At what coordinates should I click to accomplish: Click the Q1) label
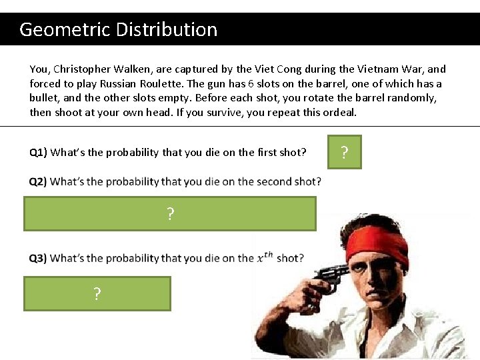[38, 153]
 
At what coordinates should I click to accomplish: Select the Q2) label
[38, 182]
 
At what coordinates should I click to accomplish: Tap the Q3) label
[38, 259]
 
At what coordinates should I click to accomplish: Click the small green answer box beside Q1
[344, 153]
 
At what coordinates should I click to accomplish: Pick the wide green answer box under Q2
[170, 214]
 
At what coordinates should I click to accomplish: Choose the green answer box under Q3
[97, 294]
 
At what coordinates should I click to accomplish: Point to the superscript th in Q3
[269, 255]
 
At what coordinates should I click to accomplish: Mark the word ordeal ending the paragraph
[339, 113]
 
